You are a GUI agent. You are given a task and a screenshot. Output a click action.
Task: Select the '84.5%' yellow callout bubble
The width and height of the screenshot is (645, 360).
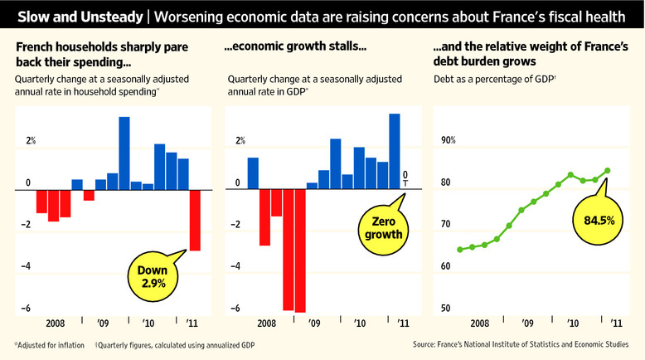tap(592, 221)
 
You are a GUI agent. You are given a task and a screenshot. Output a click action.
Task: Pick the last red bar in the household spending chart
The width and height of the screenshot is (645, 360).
tap(194, 220)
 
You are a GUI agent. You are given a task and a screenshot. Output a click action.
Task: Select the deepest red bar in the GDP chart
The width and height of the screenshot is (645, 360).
tap(300, 251)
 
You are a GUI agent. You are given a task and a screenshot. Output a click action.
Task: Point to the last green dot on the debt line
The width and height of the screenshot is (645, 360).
tap(608, 171)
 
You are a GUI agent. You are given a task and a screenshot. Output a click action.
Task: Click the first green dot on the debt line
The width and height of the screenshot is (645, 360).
tap(460, 249)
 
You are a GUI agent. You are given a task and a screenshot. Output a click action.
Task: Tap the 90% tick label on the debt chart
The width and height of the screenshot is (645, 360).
tap(448, 140)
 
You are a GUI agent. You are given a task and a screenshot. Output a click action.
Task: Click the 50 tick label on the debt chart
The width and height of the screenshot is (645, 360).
tap(445, 309)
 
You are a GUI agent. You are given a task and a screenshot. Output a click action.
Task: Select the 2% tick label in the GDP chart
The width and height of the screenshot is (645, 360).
tap(240, 140)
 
